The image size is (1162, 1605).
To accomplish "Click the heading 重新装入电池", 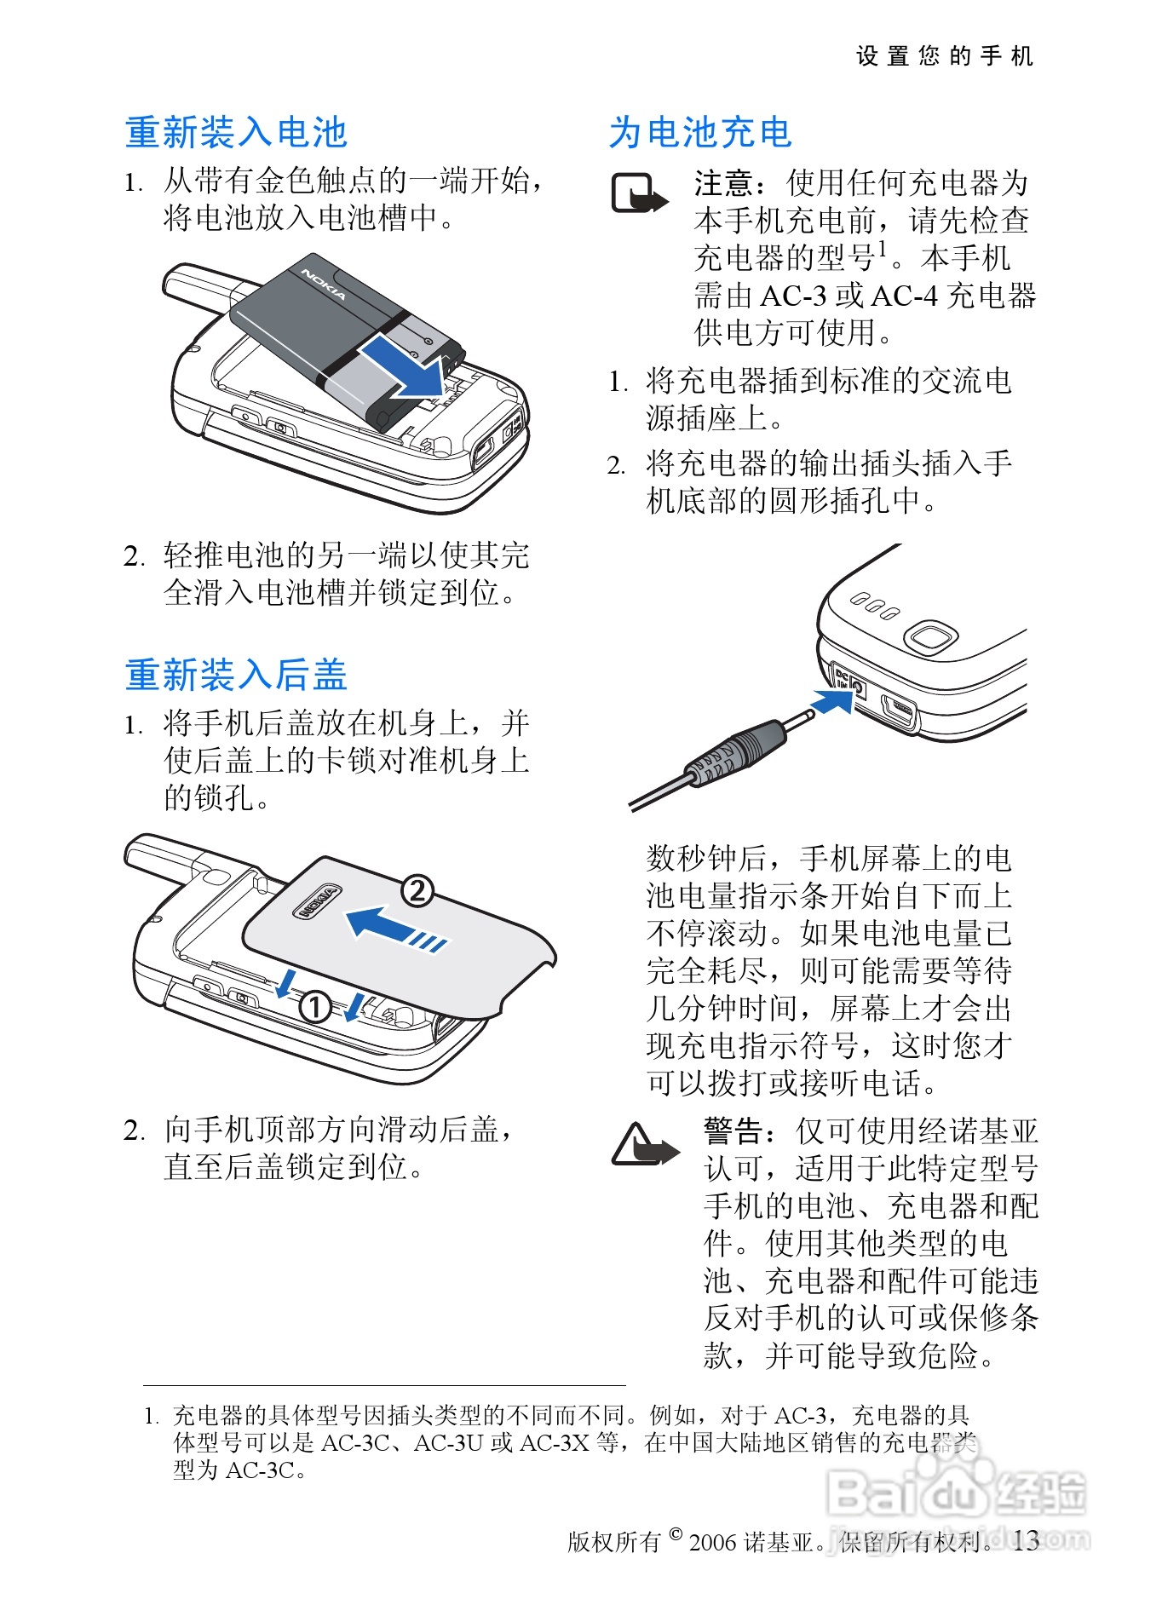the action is [x=236, y=133].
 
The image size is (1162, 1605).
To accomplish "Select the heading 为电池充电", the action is [x=700, y=133].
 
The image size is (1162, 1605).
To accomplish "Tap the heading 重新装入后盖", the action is [x=236, y=675].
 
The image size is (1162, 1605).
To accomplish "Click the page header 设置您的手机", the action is [x=945, y=56].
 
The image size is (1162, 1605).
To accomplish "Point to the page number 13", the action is [x=1027, y=1540].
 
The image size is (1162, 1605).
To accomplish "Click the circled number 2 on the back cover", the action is [x=417, y=891].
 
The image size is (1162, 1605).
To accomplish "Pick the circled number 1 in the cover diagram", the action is [x=314, y=1006].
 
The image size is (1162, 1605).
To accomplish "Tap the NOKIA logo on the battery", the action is [x=324, y=285].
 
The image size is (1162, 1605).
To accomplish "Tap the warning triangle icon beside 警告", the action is [x=644, y=1144].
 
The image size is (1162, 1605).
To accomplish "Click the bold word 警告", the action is [x=733, y=1131].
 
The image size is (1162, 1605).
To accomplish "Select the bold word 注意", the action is [x=724, y=182].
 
